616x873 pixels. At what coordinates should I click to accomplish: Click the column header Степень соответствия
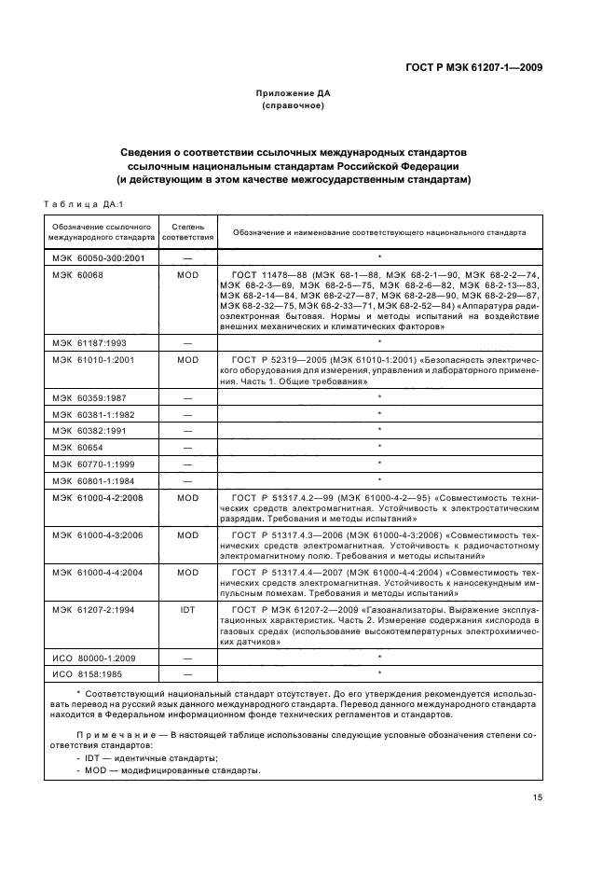[188, 232]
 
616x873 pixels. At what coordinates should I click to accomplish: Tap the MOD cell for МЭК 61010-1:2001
[188, 359]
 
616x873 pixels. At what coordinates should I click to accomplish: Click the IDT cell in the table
[188, 609]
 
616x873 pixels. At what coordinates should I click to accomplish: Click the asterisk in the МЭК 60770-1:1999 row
[379, 464]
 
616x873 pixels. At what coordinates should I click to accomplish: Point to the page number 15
[538, 797]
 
